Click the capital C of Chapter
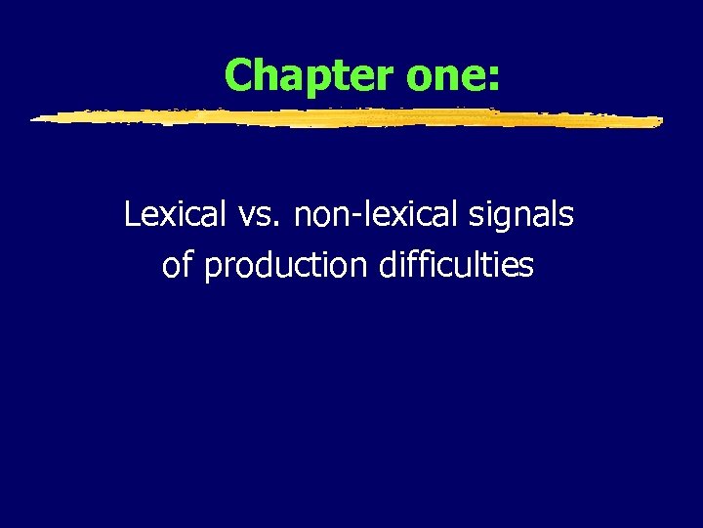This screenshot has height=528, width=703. pos(238,74)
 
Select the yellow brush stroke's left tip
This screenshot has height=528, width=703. pos(35,119)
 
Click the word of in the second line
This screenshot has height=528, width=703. pos(178,265)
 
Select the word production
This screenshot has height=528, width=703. pos(286,266)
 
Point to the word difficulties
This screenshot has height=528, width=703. pos(456,265)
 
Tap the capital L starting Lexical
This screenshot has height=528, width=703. pos(132,215)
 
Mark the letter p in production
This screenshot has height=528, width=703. pos(212,270)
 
